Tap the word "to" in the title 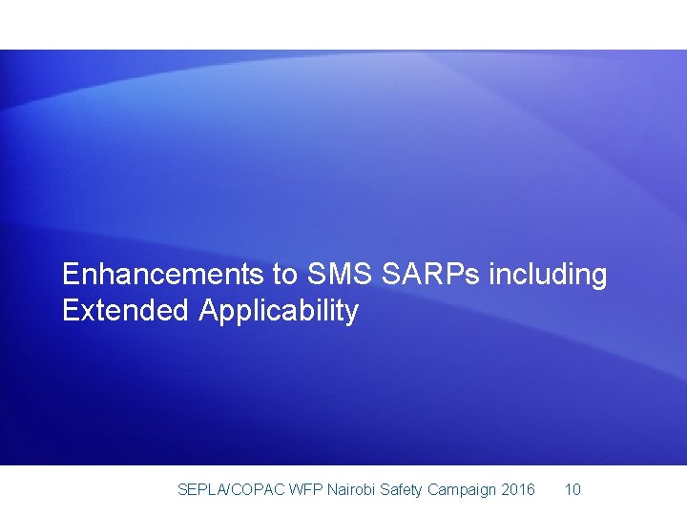[285, 275]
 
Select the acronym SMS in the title [340, 275]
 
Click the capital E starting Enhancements [70, 275]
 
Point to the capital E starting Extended [70, 311]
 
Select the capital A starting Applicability [208, 311]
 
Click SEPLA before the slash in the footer [199, 490]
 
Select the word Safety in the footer [402, 490]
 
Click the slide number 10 [572, 490]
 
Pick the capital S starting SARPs [389, 275]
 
